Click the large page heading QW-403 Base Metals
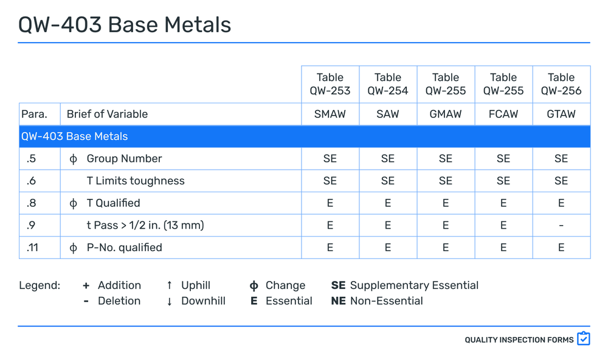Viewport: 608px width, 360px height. click(125, 24)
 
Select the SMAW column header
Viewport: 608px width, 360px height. click(330, 114)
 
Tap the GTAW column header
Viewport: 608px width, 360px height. click(561, 114)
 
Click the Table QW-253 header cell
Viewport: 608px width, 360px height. click(330, 84)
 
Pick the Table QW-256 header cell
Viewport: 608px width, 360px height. click(561, 84)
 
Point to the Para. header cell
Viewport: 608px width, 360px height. click(34, 114)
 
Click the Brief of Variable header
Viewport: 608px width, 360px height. click(107, 114)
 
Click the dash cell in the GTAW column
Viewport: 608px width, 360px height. click(561, 226)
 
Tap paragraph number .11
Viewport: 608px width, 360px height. click(32, 247)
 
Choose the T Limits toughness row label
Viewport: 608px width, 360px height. click(135, 181)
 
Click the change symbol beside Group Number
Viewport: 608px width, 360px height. click(74, 159)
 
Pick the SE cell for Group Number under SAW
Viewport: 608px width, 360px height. click(387, 159)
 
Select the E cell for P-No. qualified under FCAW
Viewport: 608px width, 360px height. click(503, 247)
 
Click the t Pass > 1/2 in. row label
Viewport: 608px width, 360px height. click(145, 226)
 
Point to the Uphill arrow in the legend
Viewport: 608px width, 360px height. click(169, 285)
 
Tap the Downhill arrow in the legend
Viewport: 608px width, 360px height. click(169, 301)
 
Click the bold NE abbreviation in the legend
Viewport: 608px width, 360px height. click(338, 301)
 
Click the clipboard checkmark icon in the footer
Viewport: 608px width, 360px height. click(583, 339)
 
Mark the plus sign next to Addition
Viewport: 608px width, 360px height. click(86, 285)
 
